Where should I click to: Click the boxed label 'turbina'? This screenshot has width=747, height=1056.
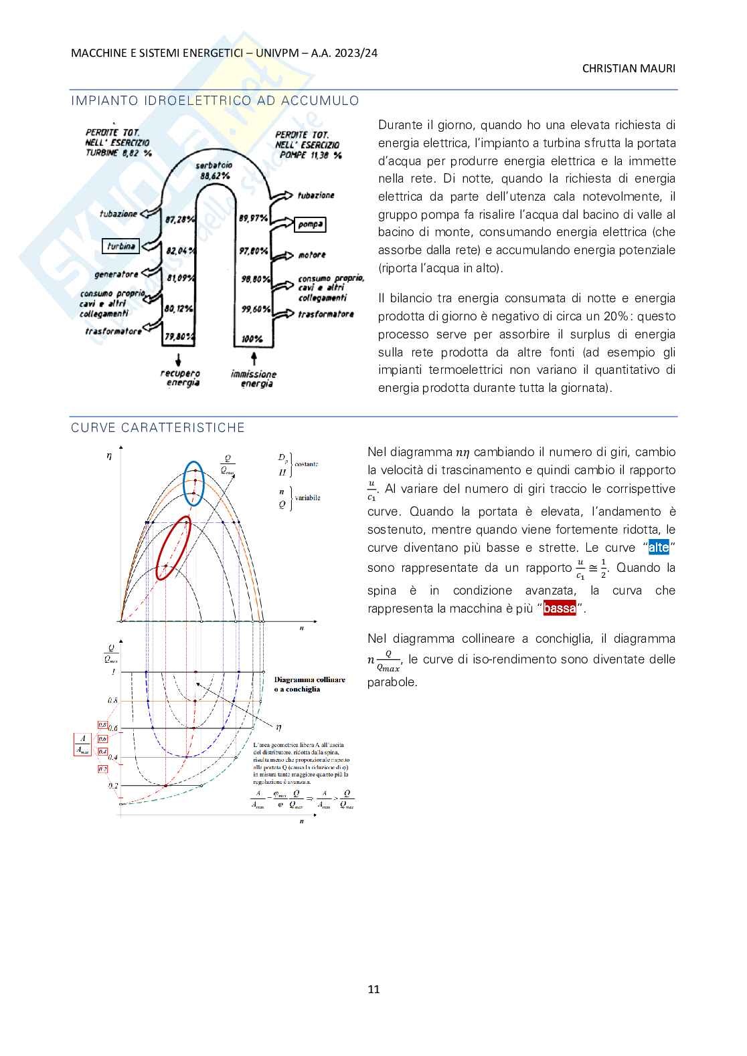(x=120, y=246)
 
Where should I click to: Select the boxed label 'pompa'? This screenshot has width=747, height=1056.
(x=310, y=225)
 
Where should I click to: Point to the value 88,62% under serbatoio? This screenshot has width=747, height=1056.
(x=215, y=176)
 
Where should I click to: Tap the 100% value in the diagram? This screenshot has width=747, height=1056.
(x=252, y=339)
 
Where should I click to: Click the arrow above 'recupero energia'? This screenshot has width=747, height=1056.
(x=179, y=358)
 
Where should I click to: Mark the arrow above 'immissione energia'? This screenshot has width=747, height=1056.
(x=254, y=358)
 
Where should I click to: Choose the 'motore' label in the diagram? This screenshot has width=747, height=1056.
(x=312, y=255)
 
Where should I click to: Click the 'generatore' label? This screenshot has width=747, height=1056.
(x=116, y=274)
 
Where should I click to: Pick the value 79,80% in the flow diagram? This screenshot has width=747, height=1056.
(x=179, y=337)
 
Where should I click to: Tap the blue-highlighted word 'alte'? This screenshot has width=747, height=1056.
(x=659, y=548)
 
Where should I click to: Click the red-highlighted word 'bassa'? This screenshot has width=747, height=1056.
(x=560, y=609)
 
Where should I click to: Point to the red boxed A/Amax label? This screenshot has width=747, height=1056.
(x=82, y=744)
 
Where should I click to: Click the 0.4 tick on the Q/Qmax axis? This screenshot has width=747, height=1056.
(x=112, y=758)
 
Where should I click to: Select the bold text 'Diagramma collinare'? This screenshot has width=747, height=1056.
(x=310, y=679)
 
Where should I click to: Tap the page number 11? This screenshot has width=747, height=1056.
(x=373, y=989)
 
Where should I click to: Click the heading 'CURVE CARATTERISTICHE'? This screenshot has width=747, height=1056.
(x=158, y=428)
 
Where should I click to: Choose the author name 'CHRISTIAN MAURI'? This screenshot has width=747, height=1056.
(x=629, y=68)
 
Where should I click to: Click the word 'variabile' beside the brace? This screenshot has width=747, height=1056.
(x=308, y=498)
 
